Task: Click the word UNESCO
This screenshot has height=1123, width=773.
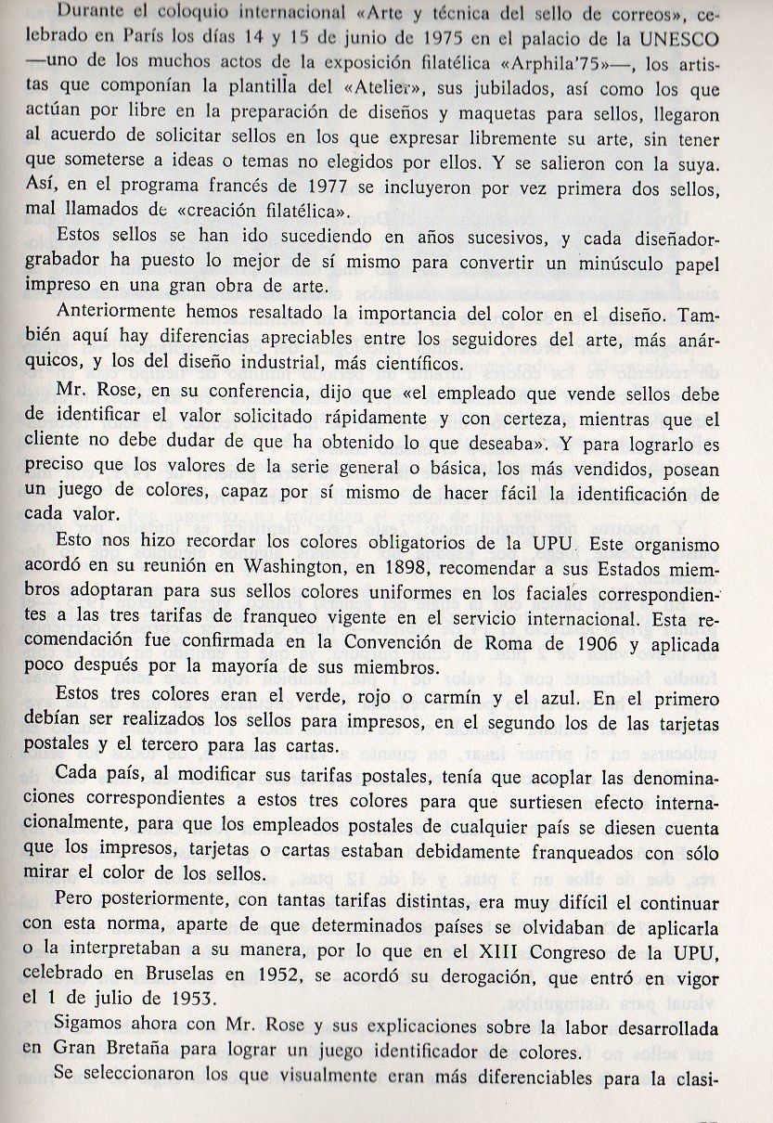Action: point(713,43)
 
